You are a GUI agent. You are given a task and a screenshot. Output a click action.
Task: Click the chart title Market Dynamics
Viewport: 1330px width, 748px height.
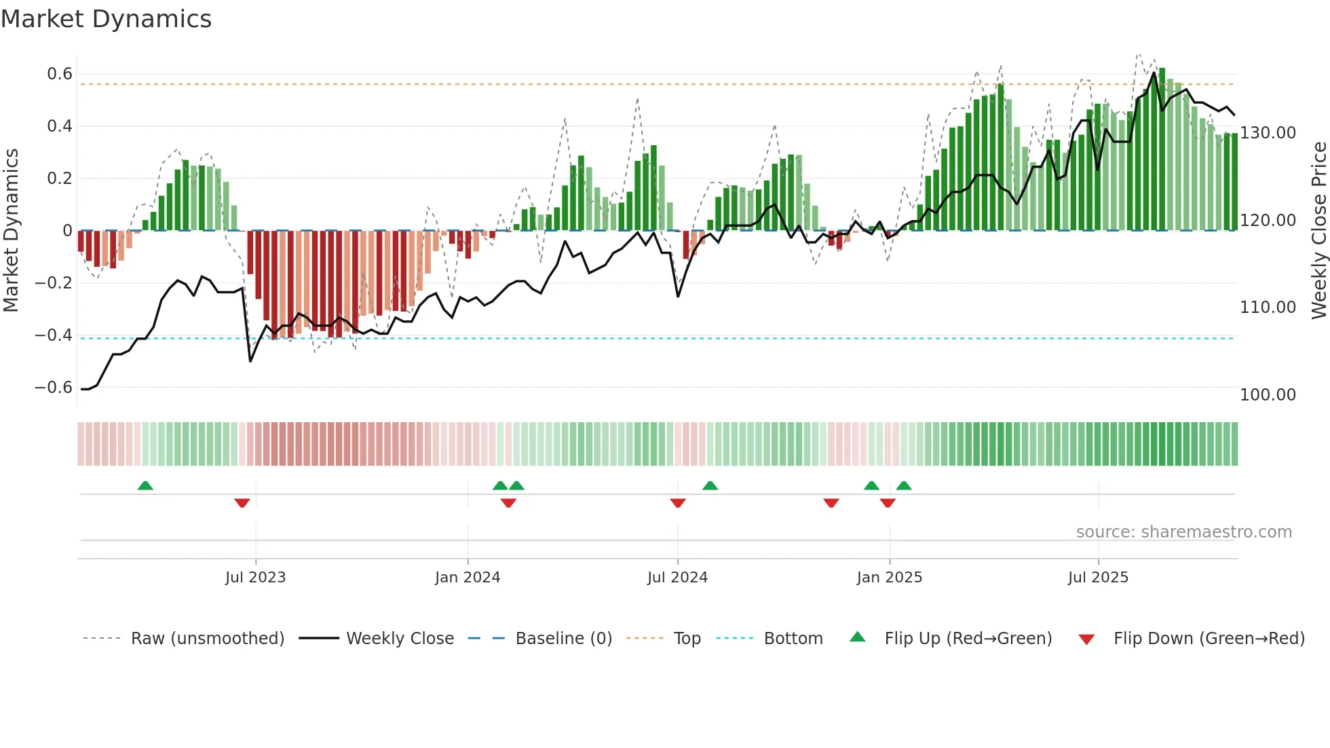click(106, 19)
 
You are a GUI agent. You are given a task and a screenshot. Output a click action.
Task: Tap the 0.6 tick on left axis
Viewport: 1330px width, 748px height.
click(59, 74)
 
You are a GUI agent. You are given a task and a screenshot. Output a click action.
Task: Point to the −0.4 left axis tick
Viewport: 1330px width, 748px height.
click(53, 335)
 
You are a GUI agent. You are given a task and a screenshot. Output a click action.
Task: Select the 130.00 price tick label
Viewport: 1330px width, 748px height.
click(1268, 133)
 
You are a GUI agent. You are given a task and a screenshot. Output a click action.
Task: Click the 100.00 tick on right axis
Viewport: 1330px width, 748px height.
click(1268, 395)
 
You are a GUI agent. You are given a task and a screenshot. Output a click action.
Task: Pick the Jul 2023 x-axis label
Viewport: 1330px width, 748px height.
click(255, 578)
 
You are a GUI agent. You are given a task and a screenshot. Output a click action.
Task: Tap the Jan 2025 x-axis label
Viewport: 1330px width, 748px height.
click(889, 578)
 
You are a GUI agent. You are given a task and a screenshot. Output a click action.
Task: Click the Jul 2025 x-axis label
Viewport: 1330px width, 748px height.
click(1097, 578)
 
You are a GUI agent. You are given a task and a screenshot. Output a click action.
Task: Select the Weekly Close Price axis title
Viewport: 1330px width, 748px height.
click(1318, 231)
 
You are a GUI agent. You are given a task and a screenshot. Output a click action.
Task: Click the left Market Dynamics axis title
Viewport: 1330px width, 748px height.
click(11, 231)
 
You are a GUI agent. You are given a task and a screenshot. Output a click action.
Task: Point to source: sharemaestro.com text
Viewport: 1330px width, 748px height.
click(1183, 532)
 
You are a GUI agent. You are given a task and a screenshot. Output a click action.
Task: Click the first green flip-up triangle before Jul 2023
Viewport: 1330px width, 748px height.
click(145, 485)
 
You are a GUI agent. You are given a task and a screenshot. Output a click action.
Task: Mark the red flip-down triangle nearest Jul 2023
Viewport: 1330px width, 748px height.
click(242, 503)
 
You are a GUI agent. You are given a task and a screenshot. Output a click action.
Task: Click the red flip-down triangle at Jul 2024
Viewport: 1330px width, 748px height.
click(678, 503)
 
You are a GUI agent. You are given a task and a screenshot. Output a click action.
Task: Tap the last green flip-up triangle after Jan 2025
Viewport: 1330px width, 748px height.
click(904, 485)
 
